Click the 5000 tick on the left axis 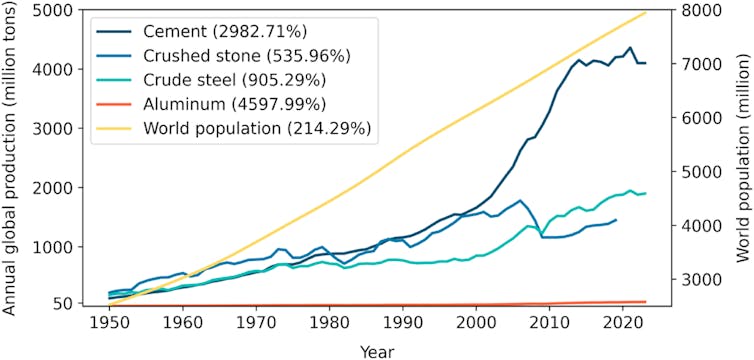click(67, 11)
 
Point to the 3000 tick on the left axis click(67, 129)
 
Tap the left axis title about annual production click(12, 160)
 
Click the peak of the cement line click(629, 47)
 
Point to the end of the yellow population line click(646, 13)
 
